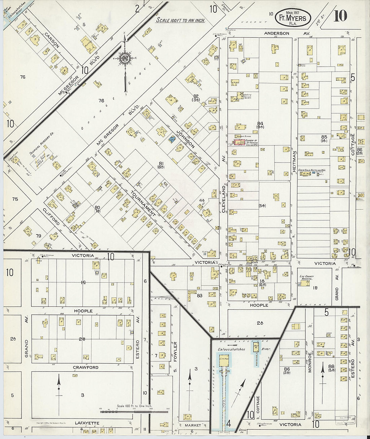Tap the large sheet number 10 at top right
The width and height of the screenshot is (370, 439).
[x=340, y=16]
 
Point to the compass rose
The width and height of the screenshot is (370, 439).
[x=125, y=59]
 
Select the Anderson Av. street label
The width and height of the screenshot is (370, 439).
[x=276, y=33]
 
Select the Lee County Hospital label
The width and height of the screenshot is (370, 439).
[x=306, y=278]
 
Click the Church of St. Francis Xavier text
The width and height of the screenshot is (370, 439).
[x=251, y=142]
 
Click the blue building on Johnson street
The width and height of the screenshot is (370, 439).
[x=172, y=139]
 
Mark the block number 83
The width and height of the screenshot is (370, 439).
[x=199, y=295]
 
